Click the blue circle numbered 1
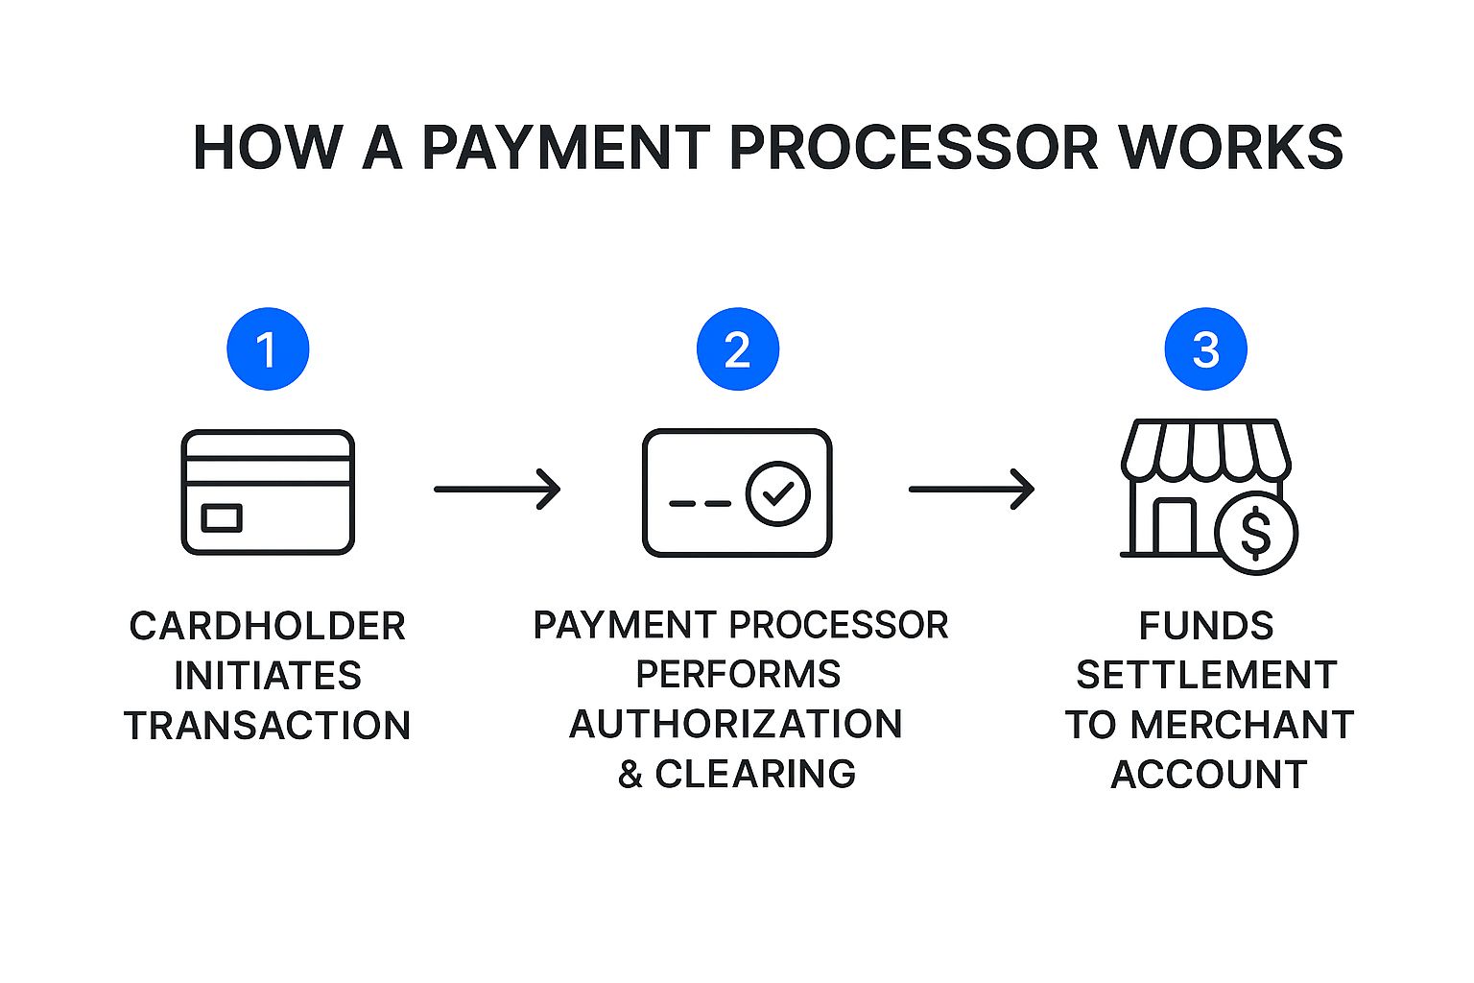[268, 348]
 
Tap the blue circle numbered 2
[737, 348]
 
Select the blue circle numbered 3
[1205, 348]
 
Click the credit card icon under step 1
[268, 491]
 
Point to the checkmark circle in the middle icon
[778, 493]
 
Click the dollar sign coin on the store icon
[1256, 533]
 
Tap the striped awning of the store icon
[1205, 448]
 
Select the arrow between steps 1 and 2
[497, 489]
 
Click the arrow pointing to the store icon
[971, 489]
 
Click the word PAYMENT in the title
[566, 148]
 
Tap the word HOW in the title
[267, 148]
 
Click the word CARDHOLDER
[268, 626]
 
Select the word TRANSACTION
[268, 725]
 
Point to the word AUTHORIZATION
[736, 724]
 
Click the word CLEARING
[755, 774]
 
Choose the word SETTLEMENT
[1206, 675]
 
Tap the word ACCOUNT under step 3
[1208, 774]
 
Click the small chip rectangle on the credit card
[222, 518]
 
